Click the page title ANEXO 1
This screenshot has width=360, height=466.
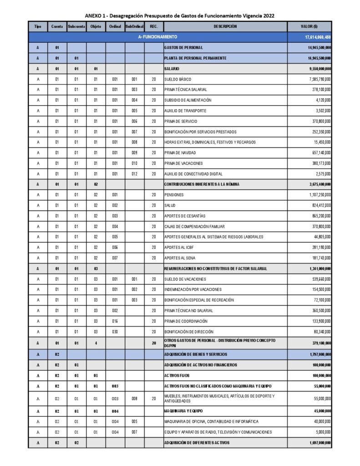179,15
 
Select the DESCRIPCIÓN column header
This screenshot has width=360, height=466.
225,26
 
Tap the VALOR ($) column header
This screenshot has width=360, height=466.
309,26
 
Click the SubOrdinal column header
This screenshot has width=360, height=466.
134,26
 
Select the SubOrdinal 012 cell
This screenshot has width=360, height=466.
134,174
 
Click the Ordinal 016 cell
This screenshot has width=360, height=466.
115,321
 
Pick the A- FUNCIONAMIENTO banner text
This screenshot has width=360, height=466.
158,37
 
